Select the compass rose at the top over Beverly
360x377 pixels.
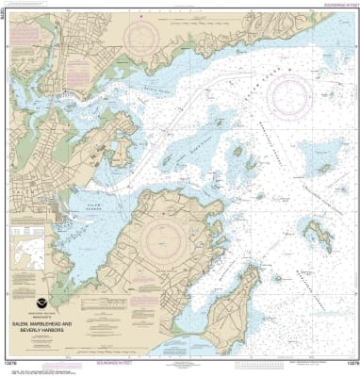pyautogui.click(x=144, y=39)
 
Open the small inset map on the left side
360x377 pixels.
pyautogui.click(x=31, y=255)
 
